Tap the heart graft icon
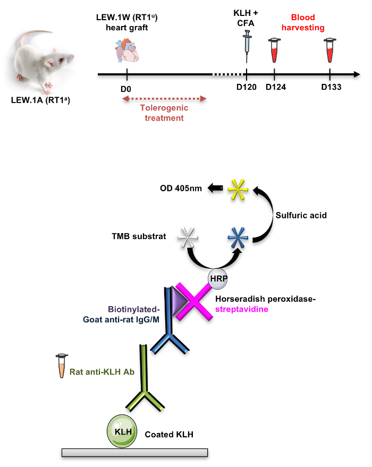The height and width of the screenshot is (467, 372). click(127, 52)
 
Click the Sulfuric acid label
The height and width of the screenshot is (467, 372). click(301, 216)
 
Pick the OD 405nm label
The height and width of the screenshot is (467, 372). click(181, 188)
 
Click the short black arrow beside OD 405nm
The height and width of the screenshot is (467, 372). click(215, 188)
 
